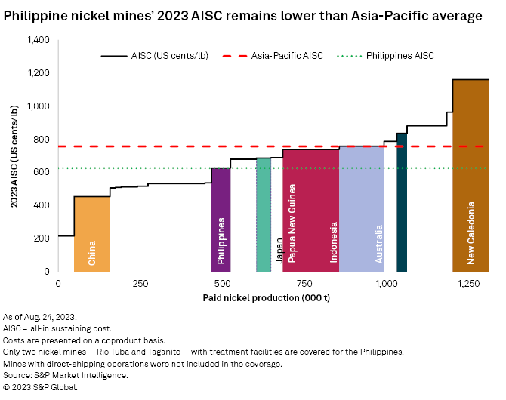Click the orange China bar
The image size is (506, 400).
(91, 234)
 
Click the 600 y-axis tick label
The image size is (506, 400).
(42, 172)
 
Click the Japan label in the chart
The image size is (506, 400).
(279, 250)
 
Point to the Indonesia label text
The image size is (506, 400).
(333, 242)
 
